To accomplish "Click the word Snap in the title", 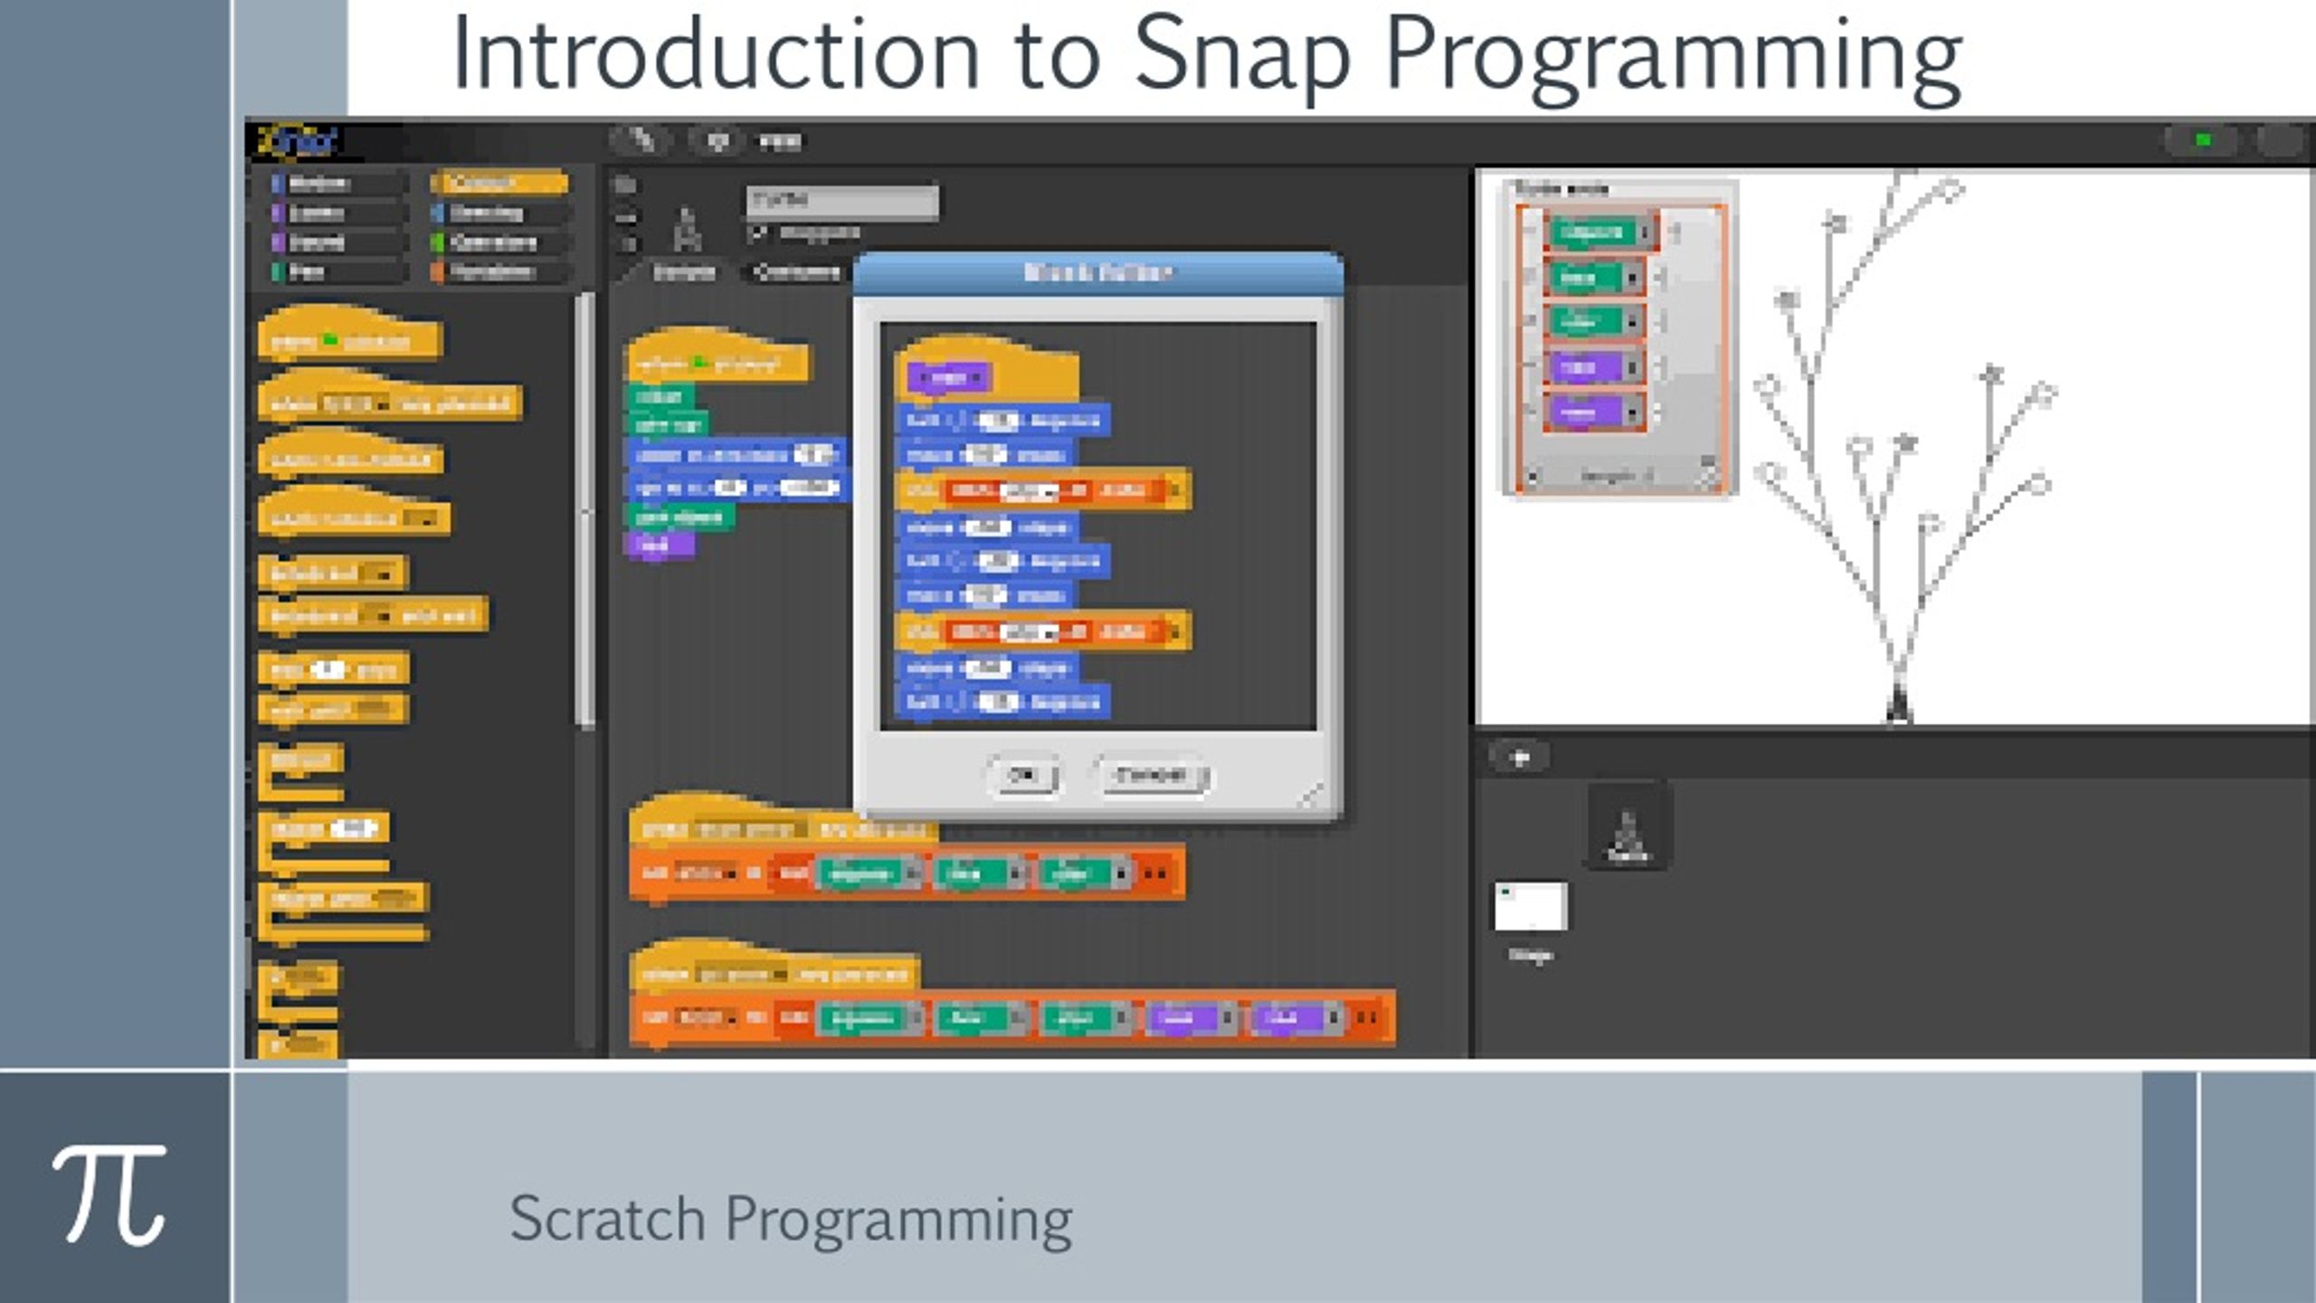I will click(x=1242, y=56).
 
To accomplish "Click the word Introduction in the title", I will click(x=715, y=56).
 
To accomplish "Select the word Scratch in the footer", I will click(x=606, y=1219).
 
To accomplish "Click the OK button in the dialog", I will click(x=1022, y=775).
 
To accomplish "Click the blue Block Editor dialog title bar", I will click(x=1097, y=272).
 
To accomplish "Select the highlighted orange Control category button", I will click(x=500, y=184).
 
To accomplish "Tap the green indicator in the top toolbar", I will click(x=2203, y=140).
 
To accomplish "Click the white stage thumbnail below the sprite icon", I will click(x=1530, y=906).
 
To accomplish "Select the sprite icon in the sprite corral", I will click(x=1628, y=828).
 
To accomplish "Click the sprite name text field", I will click(x=841, y=201).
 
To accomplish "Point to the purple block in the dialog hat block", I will click(x=948, y=377).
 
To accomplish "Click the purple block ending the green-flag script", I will click(x=659, y=546).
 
